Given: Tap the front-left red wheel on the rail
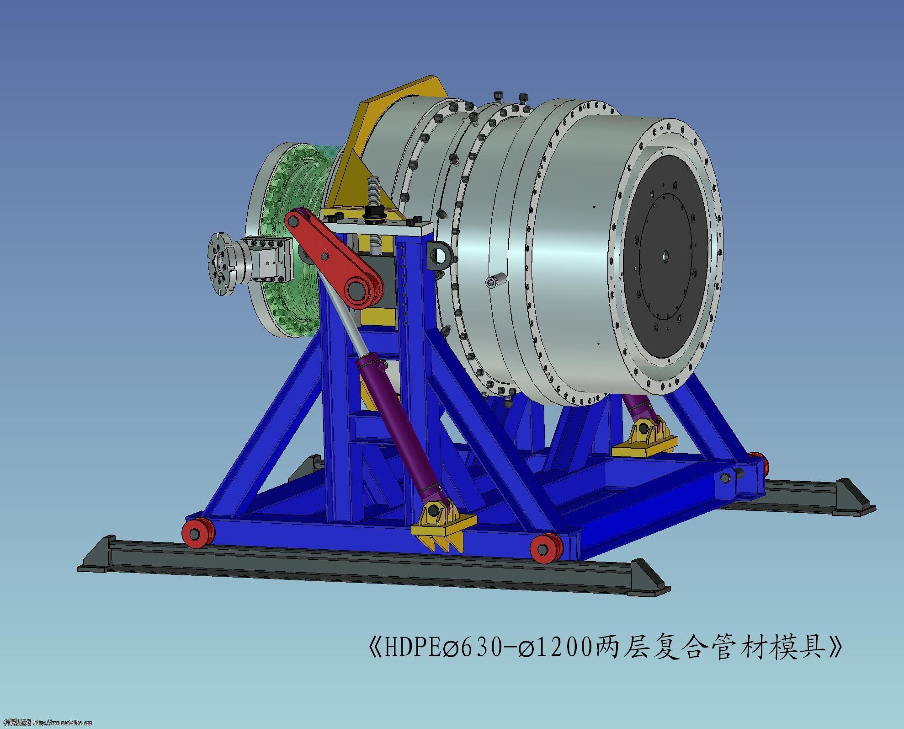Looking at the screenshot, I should pyautogui.click(x=198, y=532).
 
